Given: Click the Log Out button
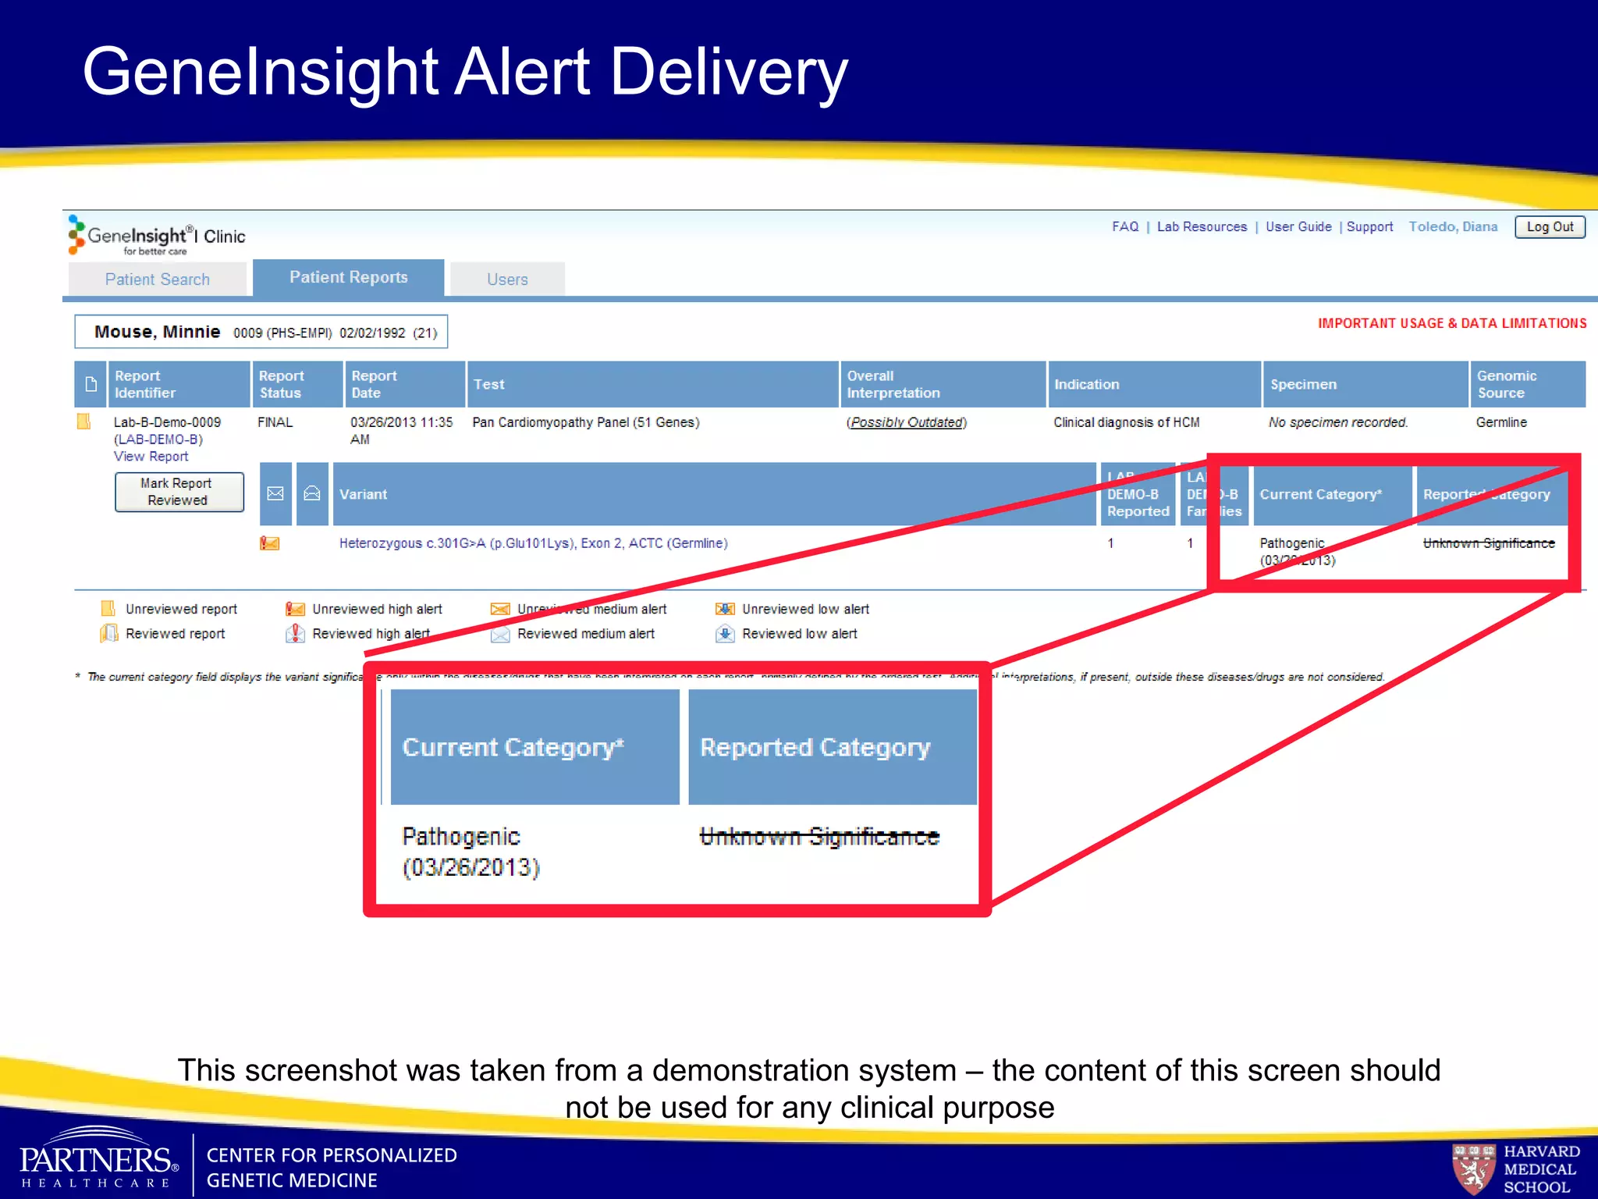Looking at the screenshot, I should [1550, 227].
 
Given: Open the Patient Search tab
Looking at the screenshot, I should [158, 279].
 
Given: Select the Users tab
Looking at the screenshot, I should [507, 279].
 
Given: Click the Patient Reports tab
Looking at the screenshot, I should [349, 278].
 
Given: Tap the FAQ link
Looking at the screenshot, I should [1125, 227].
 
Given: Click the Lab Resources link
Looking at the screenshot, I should [1202, 227].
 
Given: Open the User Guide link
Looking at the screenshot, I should [1298, 227].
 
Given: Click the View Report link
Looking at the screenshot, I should [151, 457].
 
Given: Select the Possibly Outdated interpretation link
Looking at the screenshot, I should [907, 422].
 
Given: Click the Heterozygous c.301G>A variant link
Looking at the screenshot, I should [533, 543].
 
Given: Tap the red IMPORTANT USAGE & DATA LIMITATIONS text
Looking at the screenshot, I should [1452, 323].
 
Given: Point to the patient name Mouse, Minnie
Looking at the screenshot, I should [158, 332].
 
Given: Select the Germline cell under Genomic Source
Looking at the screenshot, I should [1501, 422].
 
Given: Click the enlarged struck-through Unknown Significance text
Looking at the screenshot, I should [819, 837].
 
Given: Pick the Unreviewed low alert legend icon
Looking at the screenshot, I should [725, 609].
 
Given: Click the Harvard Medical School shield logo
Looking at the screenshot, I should [1472, 1169].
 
